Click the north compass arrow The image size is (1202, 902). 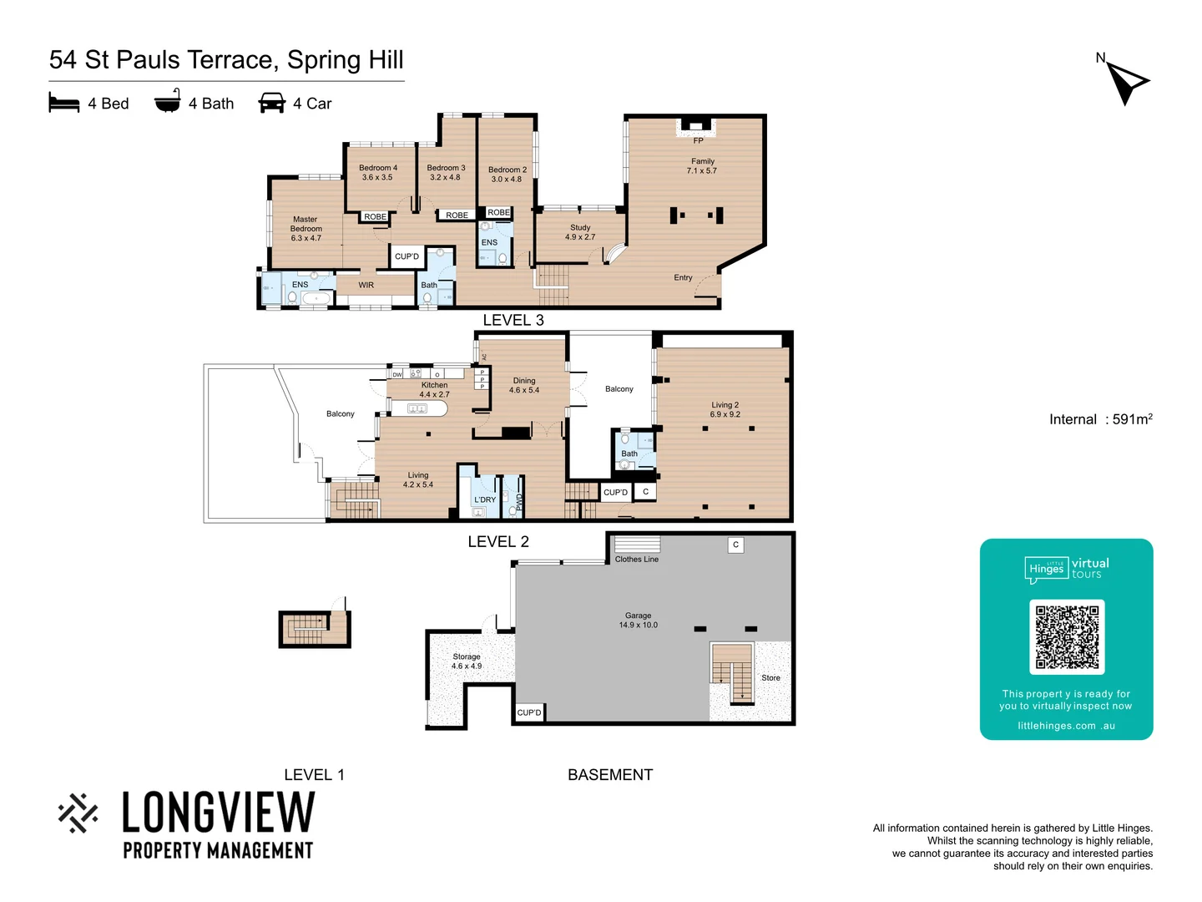tap(1127, 82)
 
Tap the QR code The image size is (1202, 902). tap(1067, 636)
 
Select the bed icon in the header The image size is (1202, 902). tap(64, 103)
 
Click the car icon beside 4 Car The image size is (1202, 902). tap(272, 103)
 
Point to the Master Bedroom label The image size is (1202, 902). tap(306, 229)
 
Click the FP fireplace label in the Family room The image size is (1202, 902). tap(698, 140)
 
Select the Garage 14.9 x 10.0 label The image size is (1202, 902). tap(638, 620)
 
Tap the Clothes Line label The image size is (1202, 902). tap(636, 559)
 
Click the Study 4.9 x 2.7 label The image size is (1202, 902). tap(580, 232)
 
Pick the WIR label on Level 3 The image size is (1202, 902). tap(366, 285)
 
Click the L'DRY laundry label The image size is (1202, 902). tap(485, 499)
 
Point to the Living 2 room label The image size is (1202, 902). tap(725, 409)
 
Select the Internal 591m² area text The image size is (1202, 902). tap(1100, 419)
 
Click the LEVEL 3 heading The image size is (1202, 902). tap(513, 320)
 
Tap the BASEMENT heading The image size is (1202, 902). tap(609, 774)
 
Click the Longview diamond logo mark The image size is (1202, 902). tap(78, 813)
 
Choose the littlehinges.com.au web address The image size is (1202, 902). tap(1066, 726)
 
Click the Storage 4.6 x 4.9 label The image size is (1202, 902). tap(466, 661)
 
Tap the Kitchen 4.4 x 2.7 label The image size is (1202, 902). tap(434, 390)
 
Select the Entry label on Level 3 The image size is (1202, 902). tap(683, 277)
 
